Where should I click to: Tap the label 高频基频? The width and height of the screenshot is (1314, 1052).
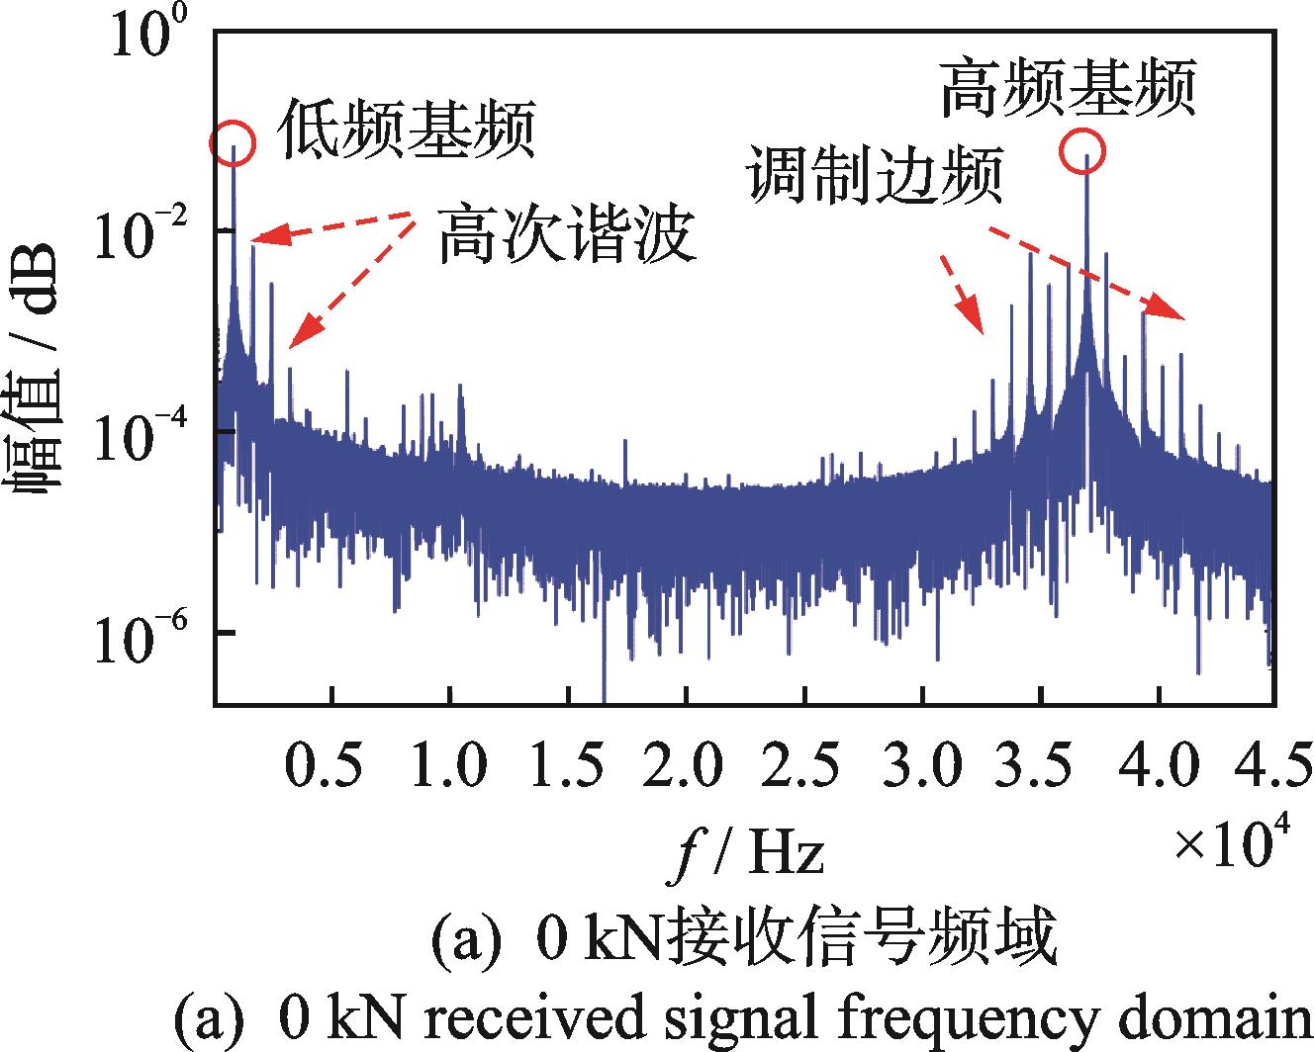tap(1068, 87)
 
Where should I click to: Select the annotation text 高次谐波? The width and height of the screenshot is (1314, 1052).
tap(566, 234)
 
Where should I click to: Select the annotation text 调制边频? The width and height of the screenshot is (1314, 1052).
tap(876, 177)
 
